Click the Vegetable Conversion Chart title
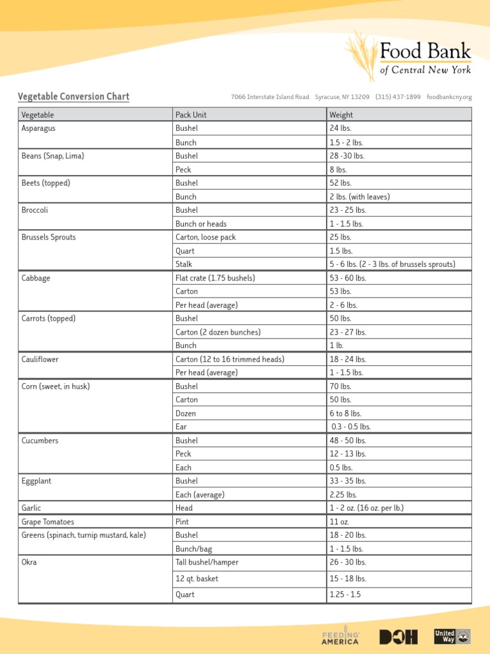[73, 97]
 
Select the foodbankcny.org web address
[449, 97]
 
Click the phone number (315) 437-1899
[397, 97]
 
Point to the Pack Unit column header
[191, 115]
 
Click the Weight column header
[341, 115]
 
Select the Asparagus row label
[38, 128]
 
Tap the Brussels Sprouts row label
[48, 237]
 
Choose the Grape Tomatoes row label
[48, 522]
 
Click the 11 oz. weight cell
[339, 522]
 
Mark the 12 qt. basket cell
[197, 579]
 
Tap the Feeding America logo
[341, 636]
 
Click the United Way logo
[452, 636]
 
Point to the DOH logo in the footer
[398, 637]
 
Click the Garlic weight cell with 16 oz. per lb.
[366, 508]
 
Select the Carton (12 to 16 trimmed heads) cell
[230, 360]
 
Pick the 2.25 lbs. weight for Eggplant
[343, 494]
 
